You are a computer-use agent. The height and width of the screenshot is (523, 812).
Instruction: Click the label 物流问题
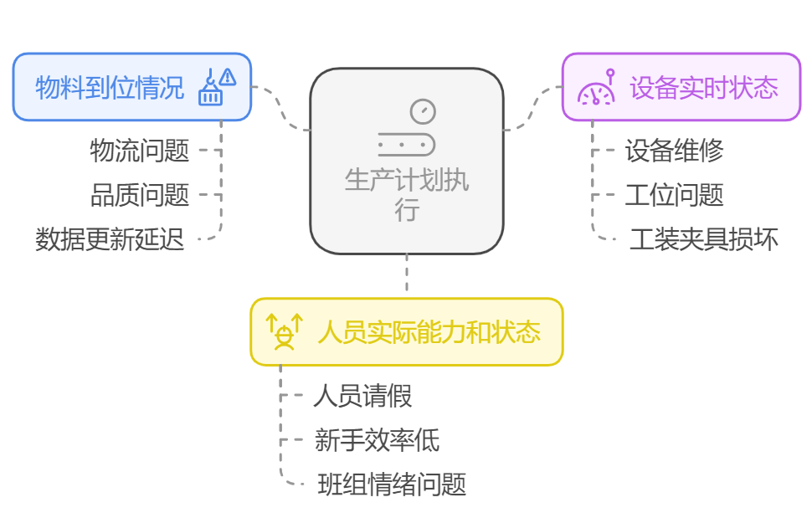140,151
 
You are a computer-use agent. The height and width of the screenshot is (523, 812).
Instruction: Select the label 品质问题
140,195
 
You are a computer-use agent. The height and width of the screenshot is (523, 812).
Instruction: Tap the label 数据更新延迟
110,239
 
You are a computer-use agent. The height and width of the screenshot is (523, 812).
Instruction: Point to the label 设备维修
674,151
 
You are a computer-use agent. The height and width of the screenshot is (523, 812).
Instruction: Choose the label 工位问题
674,195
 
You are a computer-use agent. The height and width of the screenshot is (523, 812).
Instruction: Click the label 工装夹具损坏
703,239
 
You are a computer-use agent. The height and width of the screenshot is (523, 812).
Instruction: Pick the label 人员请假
362,395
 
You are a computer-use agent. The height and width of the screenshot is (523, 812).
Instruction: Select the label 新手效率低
377,439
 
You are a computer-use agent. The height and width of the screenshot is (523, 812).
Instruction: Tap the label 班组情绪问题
392,484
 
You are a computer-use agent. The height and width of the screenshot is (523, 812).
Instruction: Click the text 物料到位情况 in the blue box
110,87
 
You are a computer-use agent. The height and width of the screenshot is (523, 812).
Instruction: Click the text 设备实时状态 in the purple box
703,87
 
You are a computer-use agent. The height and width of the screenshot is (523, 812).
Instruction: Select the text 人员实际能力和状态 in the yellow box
429,331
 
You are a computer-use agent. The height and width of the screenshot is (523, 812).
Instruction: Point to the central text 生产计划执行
407,194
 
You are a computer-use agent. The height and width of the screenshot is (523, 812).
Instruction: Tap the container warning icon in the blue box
216,87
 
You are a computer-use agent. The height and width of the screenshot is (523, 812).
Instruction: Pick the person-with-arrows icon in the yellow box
285,331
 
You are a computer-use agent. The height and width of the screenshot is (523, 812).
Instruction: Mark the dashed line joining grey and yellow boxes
407,274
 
